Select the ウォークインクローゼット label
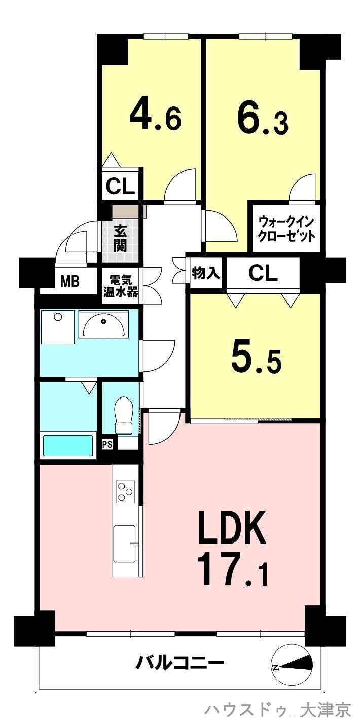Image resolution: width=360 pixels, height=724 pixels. [x=287, y=229]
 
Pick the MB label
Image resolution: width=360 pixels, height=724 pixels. [x=70, y=281]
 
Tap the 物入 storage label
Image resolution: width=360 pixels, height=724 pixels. [x=206, y=273]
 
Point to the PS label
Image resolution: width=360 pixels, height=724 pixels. [x=107, y=444]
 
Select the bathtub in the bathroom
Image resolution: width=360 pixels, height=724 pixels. [x=68, y=445]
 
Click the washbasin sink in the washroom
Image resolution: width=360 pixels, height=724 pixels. [x=103, y=325]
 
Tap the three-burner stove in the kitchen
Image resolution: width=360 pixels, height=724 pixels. [x=125, y=491]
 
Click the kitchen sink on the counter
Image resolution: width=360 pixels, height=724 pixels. [x=124, y=540]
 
